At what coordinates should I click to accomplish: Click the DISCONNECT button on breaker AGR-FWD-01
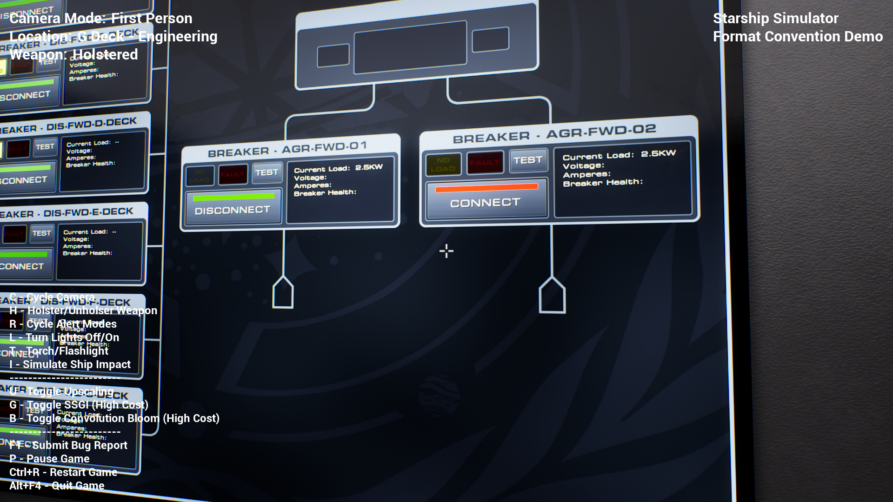(233, 210)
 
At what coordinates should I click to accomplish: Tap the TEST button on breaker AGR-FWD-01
(267, 172)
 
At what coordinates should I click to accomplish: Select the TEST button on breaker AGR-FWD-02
(528, 160)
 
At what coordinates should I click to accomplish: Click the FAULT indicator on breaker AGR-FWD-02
(485, 163)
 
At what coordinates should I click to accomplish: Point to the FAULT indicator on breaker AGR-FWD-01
(233, 175)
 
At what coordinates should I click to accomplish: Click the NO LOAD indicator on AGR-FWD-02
(443, 165)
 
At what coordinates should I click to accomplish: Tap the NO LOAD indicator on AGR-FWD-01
(200, 176)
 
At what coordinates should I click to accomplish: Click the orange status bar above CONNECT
(486, 188)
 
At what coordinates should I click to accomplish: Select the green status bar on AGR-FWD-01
(233, 198)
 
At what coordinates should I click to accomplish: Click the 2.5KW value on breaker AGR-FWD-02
(658, 153)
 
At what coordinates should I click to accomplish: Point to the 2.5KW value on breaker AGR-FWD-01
(369, 167)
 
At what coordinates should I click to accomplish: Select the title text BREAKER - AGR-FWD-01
(287, 149)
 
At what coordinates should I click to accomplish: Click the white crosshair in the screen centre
(446, 251)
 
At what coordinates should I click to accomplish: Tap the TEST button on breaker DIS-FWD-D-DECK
(45, 147)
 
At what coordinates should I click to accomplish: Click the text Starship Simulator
(775, 18)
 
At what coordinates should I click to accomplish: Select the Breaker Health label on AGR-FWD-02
(602, 183)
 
